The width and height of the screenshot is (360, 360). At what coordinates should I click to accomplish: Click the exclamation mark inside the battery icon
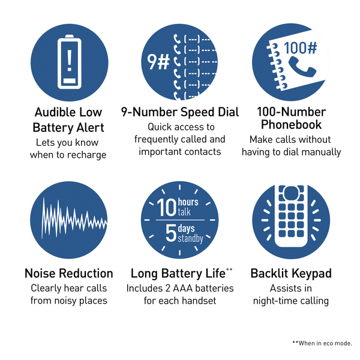(70, 61)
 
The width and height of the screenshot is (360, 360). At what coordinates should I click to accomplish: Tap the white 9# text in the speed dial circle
(158, 62)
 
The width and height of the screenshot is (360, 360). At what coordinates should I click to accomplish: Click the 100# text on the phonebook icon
(301, 48)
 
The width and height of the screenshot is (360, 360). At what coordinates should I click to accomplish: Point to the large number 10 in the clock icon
(167, 208)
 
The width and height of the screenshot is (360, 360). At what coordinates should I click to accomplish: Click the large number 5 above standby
(171, 233)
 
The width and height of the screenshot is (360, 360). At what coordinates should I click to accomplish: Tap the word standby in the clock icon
(191, 239)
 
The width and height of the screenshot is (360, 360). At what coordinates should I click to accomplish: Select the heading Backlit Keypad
(291, 274)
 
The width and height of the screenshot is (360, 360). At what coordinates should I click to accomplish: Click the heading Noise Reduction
(69, 274)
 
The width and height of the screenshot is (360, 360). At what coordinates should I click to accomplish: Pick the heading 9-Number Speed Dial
(180, 112)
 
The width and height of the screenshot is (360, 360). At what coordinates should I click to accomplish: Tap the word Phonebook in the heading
(292, 125)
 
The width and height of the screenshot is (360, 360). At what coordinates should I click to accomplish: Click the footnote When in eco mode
(325, 343)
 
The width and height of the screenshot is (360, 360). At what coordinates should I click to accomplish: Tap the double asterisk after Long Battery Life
(229, 269)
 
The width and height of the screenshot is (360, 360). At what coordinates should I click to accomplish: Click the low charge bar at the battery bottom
(70, 80)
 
